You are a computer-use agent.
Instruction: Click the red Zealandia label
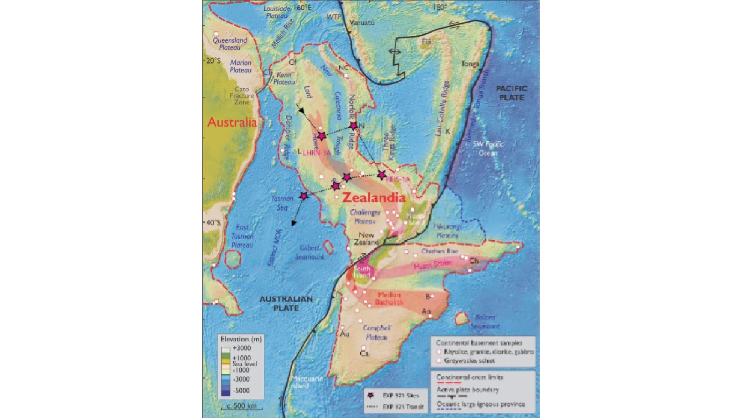[x=373, y=198]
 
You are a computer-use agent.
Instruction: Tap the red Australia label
[x=232, y=122]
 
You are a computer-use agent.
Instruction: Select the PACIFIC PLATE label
[x=511, y=93]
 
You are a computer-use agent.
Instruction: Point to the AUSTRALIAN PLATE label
[x=286, y=304]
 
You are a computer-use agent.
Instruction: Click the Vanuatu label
[x=362, y=23]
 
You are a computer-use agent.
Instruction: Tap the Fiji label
[x=426, y=42]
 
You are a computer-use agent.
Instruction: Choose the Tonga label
[x=470, y=64]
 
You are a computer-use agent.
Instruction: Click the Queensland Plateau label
[x=230, y=44]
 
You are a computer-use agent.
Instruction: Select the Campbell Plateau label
[x=377, y=332]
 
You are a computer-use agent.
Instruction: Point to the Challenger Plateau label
[x=365, y=216]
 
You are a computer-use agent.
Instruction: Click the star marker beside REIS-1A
[x=382, y=175]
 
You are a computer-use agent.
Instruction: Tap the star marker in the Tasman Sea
[x=304, y=196]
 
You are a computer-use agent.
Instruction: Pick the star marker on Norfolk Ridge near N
[x=354, y=126]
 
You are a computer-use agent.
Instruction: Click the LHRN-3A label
[x=317, y=152]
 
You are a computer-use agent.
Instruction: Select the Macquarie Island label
[x=307, y=382]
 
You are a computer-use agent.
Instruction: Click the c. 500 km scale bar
[x=242, y=406]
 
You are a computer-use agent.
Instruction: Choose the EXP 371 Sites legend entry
[x=401, y=395]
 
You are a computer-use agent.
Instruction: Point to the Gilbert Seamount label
[x=310, y=252]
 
